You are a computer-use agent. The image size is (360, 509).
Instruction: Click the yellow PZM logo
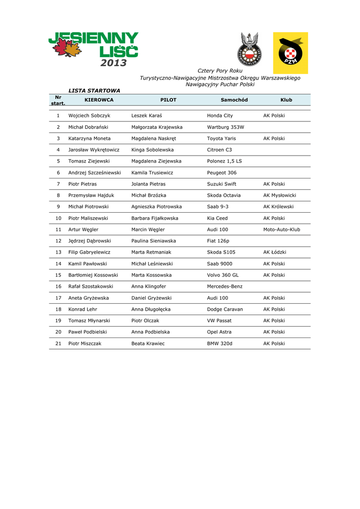[x=290, y=53]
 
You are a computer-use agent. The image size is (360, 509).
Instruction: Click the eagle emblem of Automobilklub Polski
[x=249, y=50]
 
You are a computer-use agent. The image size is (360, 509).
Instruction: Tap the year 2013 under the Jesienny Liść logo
[x=113, y=63]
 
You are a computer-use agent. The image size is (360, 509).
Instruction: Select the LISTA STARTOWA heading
[x=94, y=91]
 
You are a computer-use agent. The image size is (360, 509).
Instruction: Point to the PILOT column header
[x=168, y=100]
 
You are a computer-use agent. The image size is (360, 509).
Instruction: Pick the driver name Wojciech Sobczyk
[x=89, y=115]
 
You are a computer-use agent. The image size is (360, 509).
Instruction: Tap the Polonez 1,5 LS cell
[x=224, y=161]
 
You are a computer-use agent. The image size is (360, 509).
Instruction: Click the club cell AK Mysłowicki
[x=279, y=195]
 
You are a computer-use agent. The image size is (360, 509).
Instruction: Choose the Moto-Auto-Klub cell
[x=281, y=230]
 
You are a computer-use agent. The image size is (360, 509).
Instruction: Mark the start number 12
[x=58, y=241]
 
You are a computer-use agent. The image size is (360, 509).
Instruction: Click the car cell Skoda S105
[x=221, y=252]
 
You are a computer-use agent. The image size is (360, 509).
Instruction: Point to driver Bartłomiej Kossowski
[x=93, y=275]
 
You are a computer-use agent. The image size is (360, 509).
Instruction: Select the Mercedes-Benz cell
[x=225, y=286]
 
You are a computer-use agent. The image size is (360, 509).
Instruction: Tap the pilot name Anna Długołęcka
[x=151, y=309]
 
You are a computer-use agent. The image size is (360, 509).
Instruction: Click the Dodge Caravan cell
[x=225, y=309]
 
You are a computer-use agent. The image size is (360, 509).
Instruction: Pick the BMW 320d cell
[x=219, y=343]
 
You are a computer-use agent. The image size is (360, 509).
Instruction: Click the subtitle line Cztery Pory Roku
[x=220, y=71]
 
